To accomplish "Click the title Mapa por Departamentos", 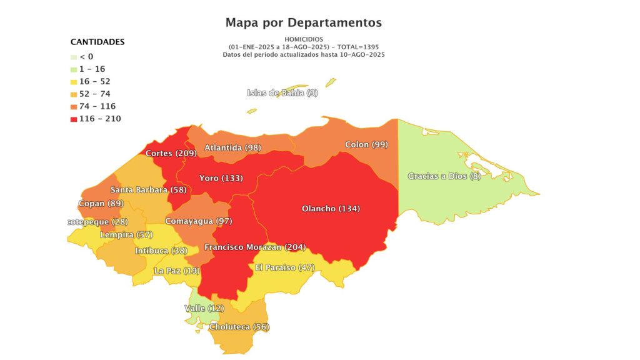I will point(303,23).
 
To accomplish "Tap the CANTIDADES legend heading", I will point(97,42).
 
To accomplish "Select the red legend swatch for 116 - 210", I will point(74,119).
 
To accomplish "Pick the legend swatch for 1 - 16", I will point(74,69).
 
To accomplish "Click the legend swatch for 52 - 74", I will point(74,94).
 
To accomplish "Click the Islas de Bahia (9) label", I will point(282,93).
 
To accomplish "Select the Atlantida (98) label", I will point(232,148).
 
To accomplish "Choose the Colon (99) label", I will point(366,145).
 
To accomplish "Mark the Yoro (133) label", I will point(221,179).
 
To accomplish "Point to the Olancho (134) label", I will point(331,209).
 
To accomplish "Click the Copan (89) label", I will point(101,204).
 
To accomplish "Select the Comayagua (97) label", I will point(198,222).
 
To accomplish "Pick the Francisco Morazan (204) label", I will point(255,247).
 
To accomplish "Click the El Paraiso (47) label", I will point(284,267).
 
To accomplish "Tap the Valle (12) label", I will point(204,309).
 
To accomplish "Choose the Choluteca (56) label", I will point(239,327).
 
